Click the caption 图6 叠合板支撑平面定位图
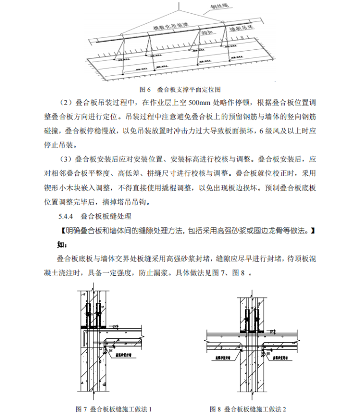click(180, 89)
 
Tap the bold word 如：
click(63, 245)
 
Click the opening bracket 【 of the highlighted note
click(59, 232)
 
